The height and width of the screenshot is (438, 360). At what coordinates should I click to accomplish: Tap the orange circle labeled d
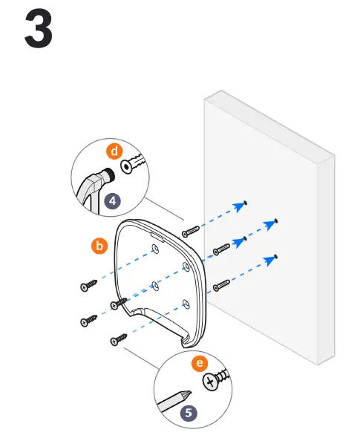coord(114,151)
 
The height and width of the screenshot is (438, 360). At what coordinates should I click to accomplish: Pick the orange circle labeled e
coord(198,364)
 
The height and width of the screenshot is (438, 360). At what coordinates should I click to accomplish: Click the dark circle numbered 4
coord(111,200)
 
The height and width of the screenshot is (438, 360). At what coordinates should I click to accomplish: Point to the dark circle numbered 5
coord(189,412)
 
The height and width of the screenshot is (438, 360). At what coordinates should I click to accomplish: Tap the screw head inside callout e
coord(212,382)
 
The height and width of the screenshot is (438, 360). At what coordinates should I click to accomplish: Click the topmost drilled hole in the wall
coord(246,202)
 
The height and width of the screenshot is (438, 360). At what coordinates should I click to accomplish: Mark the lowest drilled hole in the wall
coord(276,255)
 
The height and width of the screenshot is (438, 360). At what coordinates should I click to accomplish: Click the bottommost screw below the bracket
coord(117,341)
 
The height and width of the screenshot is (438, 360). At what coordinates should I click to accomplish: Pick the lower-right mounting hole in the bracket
coord(185,301)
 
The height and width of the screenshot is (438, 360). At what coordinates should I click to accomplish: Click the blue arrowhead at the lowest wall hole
coord(269,260)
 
